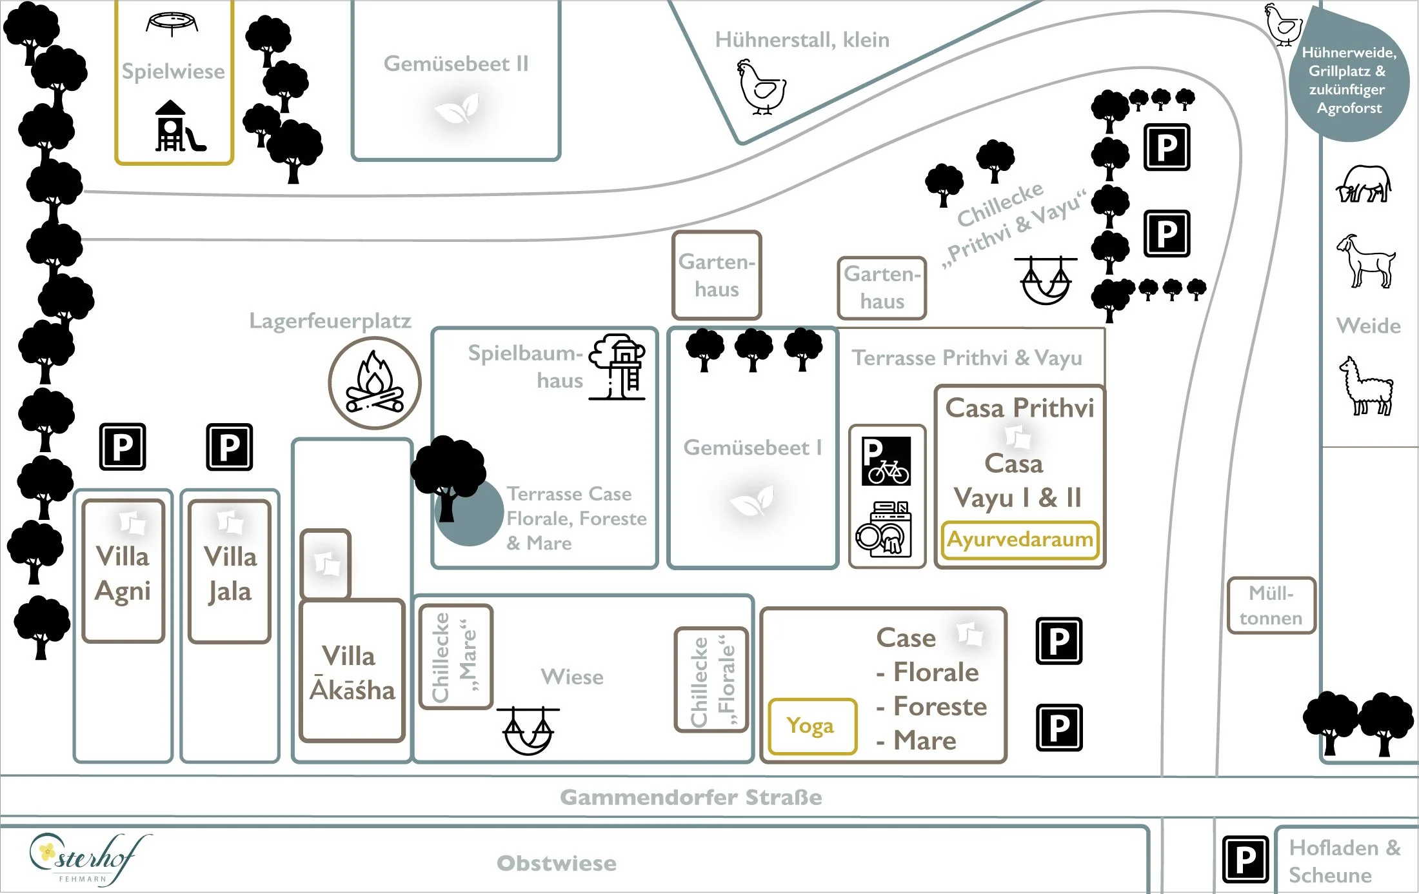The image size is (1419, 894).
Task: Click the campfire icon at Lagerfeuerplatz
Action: tap(375, 382)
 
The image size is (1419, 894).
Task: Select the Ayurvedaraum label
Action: tap(1020, 539)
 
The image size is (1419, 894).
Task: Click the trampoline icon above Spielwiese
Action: tap(172, 24)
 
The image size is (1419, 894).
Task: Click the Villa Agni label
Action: tap(123, 573)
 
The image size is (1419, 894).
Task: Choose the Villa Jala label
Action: tap(230, 573)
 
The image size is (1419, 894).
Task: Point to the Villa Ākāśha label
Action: tap(352, 673)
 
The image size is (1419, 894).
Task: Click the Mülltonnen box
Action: tap(1271, 605)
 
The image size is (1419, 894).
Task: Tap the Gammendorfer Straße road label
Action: tap(691, 797)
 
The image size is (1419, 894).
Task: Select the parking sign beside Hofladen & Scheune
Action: tap(1245, 859)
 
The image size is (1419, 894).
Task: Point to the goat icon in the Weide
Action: tap(1367, 261)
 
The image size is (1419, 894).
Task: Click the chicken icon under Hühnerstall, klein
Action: tap(762, 87)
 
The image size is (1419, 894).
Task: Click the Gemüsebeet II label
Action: tap(456, 64)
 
